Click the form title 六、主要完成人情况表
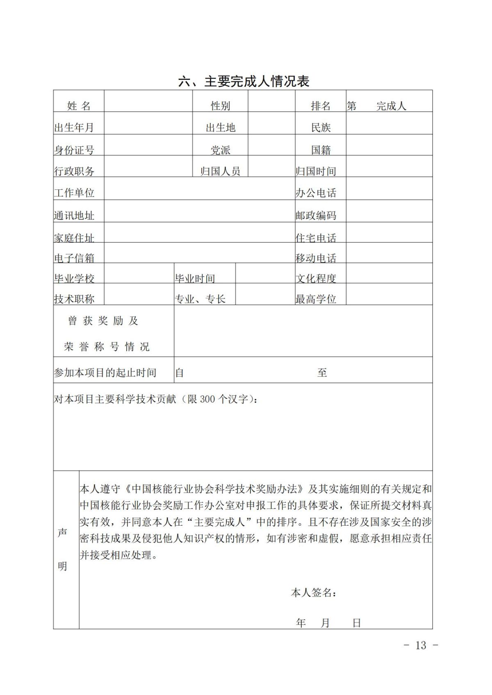[244, 82]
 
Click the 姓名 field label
[79, 106]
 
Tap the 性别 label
[220, 106]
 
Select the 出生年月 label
[74, 128]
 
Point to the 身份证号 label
[74, 150]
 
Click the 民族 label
[321, 128]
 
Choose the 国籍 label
[321, 150]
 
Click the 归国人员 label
[220, 171]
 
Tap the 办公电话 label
[316, 193]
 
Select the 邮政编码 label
[316, 215]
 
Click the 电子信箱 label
[74, 258]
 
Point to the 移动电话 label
[316, 258]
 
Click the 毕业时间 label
[195, 279]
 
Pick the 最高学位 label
[316, 299]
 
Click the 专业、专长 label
[200, 299]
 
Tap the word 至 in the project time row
[322, 373]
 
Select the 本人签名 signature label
[313, 592]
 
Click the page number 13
[421, 645]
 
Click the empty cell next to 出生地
[271, 123]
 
